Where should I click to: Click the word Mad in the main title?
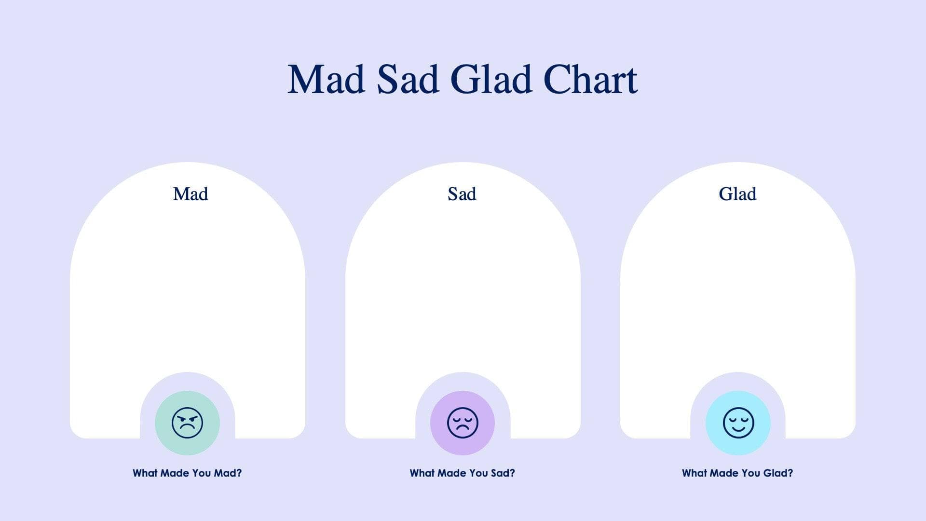click(326, 80)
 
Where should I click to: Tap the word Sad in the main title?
click(408, 80)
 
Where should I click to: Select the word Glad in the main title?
click(491, 80)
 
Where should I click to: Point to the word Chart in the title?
click(590, 80)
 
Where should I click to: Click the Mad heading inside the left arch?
click(191, 194)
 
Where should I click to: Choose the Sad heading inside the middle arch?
click(462, 194)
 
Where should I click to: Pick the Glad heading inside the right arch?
click(737, 194)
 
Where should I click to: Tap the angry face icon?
click(187, 423)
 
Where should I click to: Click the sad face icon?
click(463, 423)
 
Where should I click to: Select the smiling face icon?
click(738, 423)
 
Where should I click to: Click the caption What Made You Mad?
click(187, 473)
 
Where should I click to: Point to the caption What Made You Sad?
click(462, 473)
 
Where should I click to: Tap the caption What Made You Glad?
click(737, 473)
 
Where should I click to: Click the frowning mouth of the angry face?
click(187, 429)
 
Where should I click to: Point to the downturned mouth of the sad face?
click(463, 429)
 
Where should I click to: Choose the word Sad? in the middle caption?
click(503, 473)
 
